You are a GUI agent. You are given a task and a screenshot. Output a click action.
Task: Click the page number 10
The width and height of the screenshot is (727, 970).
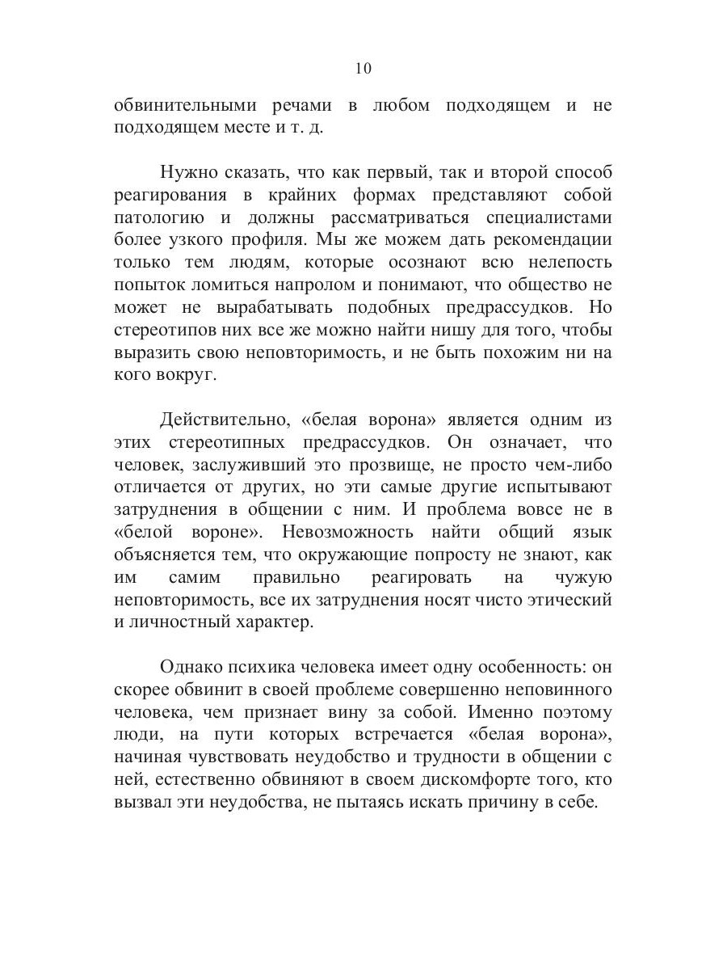(363, 69)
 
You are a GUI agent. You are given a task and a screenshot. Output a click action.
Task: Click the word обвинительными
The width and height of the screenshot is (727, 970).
(184, 106)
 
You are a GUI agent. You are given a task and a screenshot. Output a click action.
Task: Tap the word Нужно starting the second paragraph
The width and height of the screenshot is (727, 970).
(186, 172)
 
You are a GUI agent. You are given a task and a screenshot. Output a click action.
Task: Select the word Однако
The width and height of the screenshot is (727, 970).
(191, 667)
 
